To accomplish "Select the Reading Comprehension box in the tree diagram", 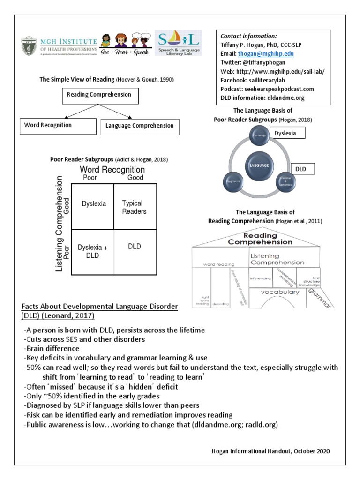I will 99,95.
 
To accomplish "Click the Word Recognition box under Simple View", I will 48,126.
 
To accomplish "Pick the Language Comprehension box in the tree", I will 139,126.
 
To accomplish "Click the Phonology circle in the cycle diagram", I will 259,135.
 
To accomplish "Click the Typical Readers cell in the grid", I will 135,207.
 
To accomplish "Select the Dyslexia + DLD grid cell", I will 92,251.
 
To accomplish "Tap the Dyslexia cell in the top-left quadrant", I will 94,204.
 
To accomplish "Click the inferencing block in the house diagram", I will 260,278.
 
